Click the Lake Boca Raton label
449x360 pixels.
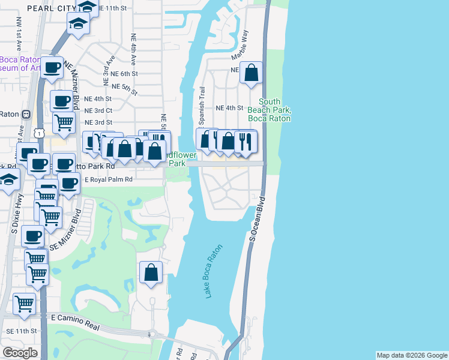213,271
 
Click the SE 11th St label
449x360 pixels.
22,331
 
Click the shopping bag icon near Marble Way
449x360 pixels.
252,73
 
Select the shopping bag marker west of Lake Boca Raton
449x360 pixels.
150,272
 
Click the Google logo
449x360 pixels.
20,353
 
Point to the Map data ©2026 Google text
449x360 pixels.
412,355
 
